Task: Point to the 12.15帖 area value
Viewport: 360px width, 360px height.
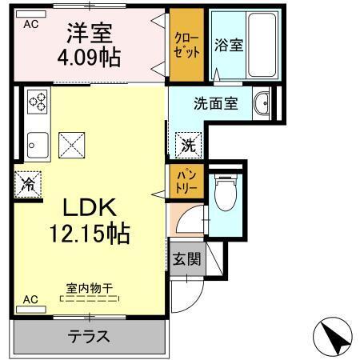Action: click(x=90, y=234)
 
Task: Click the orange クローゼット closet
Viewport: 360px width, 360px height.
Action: click(x=186, y=45)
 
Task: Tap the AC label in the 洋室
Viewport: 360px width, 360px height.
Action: click(x=30, y=24)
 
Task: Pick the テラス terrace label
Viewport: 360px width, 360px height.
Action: click(x=90, y=336)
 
